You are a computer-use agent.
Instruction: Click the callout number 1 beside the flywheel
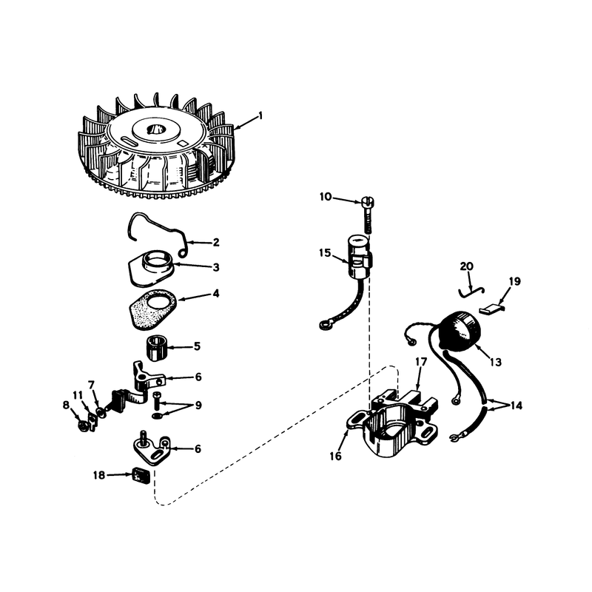260,115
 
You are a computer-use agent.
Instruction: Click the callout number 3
216,267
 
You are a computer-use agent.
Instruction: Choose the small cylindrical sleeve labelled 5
156,347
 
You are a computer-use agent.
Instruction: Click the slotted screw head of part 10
367,201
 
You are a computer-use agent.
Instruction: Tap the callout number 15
325,253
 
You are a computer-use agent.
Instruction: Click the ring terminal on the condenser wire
324,324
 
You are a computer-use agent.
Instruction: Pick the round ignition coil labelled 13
460,331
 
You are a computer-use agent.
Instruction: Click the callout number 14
516,406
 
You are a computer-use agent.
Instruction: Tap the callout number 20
467,266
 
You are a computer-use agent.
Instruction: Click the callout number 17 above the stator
420,362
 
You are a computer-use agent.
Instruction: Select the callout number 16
335,456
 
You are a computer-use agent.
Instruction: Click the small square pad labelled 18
140,475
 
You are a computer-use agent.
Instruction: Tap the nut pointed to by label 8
83,427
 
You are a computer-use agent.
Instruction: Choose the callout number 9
198,406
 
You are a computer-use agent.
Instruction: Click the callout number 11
78,395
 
